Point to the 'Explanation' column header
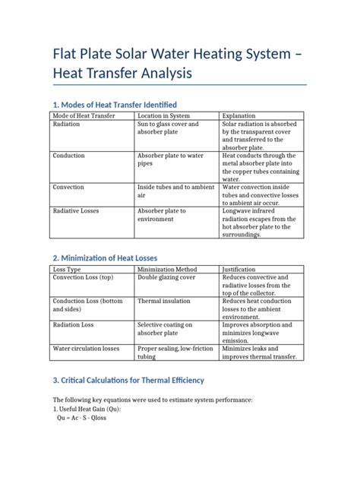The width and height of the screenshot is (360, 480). (240, 115)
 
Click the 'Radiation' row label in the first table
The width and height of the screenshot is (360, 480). (68, 124)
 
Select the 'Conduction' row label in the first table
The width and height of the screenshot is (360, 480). (69, 155)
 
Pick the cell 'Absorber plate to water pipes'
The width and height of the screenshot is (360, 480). (169, 159)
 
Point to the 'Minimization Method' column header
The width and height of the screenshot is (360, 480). (166, 269)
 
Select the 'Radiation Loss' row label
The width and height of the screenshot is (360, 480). (73, 324)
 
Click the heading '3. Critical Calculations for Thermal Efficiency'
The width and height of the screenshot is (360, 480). (128, 380)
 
